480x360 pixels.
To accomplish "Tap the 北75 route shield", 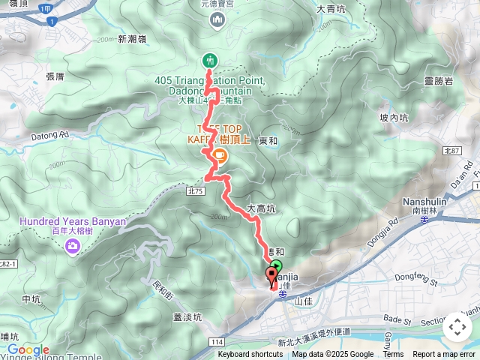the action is click(x=196, y=191).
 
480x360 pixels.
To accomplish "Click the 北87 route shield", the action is click(x=451, y=151).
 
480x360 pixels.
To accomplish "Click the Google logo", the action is click(x=28, y=349).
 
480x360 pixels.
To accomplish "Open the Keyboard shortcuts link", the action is click(x=250, y=355).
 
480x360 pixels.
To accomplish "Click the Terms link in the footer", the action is click(x=393, y=355).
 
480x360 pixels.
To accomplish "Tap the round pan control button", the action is click(x=457, y=327).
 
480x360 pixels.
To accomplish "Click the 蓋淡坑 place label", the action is click(x=188, y=316).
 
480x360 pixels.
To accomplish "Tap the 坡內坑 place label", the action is click(x=393, y=118).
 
